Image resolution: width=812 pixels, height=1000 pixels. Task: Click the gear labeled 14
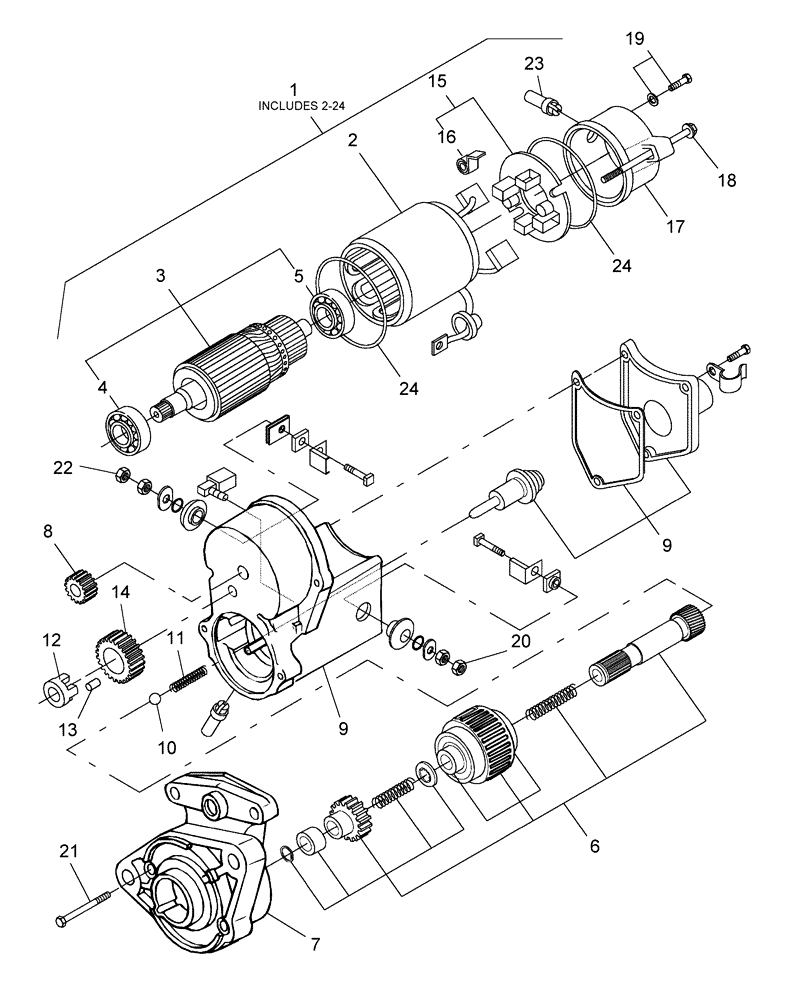[x=118, y=655]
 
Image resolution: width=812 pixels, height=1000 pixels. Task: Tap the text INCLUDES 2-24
[x=293, y=104]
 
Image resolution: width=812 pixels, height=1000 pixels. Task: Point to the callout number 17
[x=675, y=225]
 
